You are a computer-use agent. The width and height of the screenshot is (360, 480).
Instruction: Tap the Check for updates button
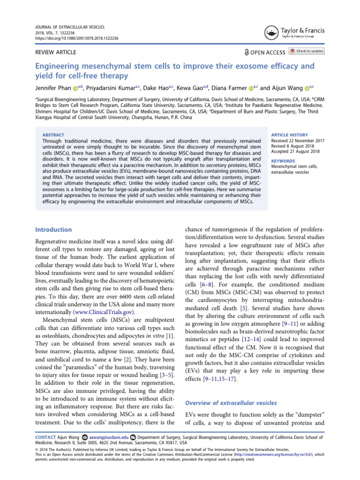[307, 52]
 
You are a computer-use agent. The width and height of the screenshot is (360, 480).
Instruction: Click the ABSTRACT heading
[53, 135]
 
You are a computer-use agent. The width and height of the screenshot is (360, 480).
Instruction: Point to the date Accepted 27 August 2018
[295, 151]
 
